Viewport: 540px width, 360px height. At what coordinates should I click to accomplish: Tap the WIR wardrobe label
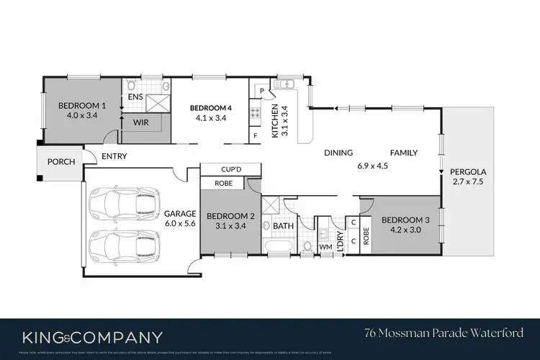pyautogui.click(x=140, y=122)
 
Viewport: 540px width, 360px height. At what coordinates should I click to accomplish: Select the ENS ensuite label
pyautogui.click(x=135, y=96)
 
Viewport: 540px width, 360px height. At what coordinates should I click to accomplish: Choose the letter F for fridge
pyautogui.click(x=255, y=135)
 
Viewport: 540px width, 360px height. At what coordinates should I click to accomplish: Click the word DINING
pyautogui.click(x=338, y=153)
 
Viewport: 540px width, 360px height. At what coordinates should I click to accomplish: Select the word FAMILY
pyautogui.click(x=404, y=153)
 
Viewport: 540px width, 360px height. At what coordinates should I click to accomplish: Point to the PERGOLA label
pyautogui.click(x=468, y=172)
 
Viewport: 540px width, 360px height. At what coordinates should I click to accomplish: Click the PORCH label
pyautogui.click(x=60, y=161)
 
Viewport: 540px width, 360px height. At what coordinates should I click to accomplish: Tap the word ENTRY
pyautogui.click(x=115, y=156)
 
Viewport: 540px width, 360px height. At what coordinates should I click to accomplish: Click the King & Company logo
pyautogui.click(x=92, y=336)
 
